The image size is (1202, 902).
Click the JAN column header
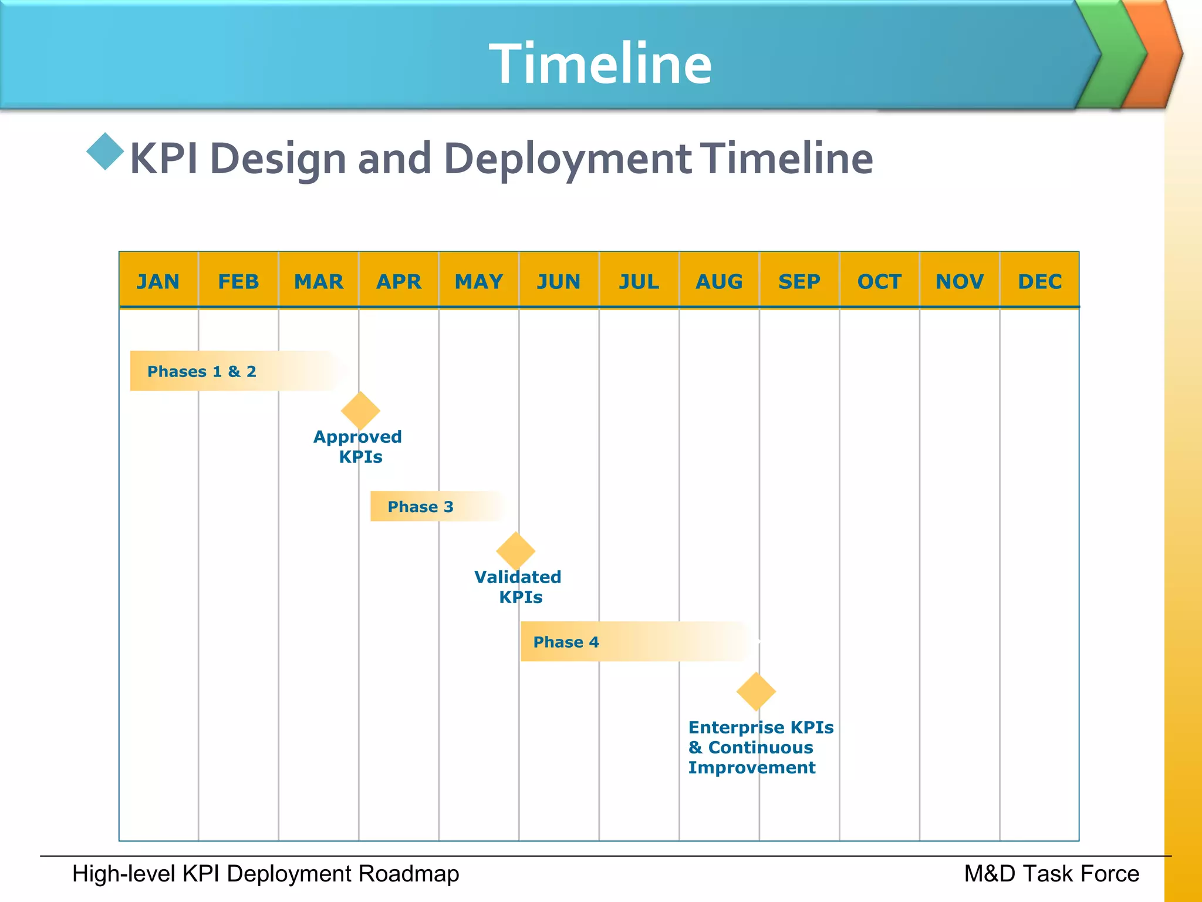[158, 281]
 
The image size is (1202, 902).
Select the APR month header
[399, 281]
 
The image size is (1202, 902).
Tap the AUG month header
[719, 281]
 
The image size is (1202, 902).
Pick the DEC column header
[1039, 281]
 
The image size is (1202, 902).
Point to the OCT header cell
[879, 281]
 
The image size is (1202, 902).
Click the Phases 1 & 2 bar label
[201, 371]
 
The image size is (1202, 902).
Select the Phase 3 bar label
[420, 506]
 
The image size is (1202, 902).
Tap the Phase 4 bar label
[566, 642]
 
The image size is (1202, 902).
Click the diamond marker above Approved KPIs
[360, 410]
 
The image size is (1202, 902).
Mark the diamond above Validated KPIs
[515, 551]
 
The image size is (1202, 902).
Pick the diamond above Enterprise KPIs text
[756, 691]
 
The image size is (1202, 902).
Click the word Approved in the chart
[357, 437]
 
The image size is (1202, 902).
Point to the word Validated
[518, 577]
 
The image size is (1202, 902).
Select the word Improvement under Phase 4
[752, 768]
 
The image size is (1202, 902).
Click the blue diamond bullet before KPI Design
[105, 152]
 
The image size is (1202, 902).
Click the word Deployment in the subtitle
[568, 159]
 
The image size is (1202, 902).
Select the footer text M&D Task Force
[1051, 874]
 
